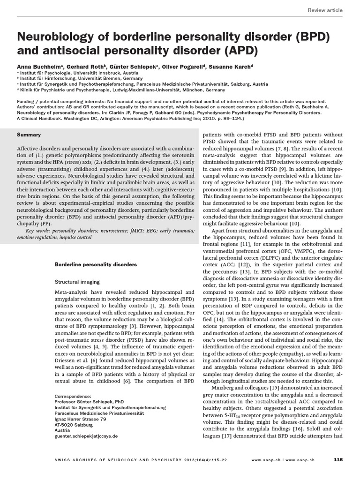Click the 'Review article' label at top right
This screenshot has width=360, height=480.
click(325, 10)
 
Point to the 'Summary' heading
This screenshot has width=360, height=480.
click(29, 135)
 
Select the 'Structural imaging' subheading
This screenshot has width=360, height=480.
click(77, 282)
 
